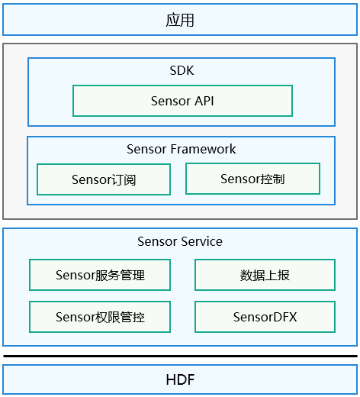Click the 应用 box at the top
pos(180,20)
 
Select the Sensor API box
pos(182,101)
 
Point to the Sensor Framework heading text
pos(181,149)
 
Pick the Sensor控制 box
pos(252,179)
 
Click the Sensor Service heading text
pos(180,241)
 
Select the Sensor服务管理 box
pos(100,275)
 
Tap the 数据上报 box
pos(265,275)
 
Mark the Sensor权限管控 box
pos(100,317)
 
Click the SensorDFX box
pos(265,317)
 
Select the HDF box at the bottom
pos(180,379)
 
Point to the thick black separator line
pos(180,356)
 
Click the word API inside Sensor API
pos(202,101)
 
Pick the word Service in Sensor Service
pos(201,241)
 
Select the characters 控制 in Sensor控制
pos(274,179)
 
